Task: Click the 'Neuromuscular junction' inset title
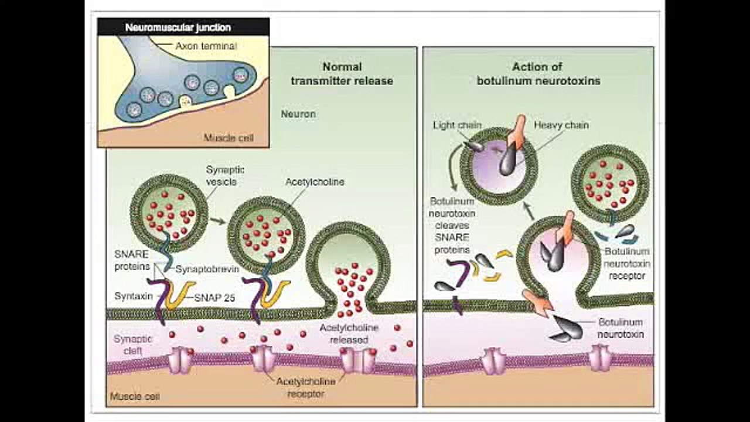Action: [178, 28]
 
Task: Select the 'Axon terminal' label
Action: [206, 45]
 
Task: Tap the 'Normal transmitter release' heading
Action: [342, 74]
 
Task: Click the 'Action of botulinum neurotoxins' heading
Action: [538, 74]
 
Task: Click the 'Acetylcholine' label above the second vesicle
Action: [315, 182]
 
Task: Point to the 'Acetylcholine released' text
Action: [349, 333]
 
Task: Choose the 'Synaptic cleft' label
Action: [132, 345]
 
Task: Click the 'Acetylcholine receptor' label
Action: [306, 387]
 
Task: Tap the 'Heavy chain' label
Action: [561, 125]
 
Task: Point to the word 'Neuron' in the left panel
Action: [298, 114]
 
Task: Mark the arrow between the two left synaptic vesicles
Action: [217, 221]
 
